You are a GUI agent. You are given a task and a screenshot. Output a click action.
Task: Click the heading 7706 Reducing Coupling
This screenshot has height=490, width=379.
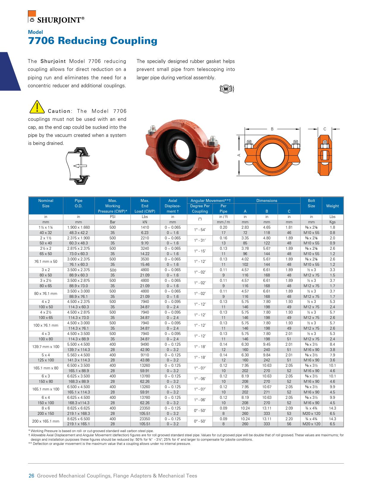tap(92, 41)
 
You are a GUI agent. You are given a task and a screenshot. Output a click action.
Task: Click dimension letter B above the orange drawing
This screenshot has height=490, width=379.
tap(272, 129)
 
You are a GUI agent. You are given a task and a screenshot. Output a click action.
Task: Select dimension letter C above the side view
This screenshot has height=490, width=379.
tap(325, 129)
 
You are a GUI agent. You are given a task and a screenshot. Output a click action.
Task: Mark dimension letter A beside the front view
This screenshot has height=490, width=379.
tap(239, 155)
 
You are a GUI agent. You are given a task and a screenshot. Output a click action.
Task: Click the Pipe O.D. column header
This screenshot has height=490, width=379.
tap(78, 203)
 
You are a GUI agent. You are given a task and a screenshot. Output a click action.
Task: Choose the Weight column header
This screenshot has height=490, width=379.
tap(332, 206)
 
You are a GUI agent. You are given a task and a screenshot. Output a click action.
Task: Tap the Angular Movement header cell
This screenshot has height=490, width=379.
tap(212, 200)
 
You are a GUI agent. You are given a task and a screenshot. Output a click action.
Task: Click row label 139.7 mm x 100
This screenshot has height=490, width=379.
tap(46, 347)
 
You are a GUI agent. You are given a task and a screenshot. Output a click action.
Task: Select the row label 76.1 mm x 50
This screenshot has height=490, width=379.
tap(46, 262)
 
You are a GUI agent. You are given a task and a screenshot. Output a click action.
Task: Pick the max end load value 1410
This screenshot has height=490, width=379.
tap(145, 227)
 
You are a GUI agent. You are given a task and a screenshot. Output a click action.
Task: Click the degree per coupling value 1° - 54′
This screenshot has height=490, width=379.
tap(200, 230)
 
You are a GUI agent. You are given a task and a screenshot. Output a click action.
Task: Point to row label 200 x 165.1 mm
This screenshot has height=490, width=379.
tap(46, 421)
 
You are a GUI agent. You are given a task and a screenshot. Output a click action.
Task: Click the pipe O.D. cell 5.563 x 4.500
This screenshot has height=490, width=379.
tap(78, 355)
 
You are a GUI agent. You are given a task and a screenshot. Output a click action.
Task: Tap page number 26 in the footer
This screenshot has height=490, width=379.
tap(31, 476)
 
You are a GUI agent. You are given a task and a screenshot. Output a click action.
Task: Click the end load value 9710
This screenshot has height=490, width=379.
tap(145, 355)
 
